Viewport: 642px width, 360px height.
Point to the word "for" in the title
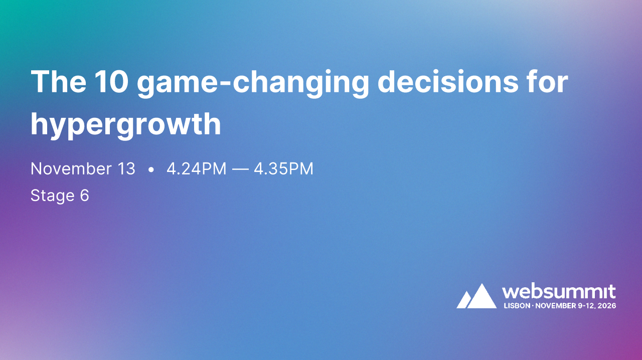click(547, 82)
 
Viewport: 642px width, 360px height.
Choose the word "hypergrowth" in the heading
click(126, 125)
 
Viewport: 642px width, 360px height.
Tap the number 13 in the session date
click(126, 169)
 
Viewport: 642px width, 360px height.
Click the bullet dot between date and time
click(151, 170)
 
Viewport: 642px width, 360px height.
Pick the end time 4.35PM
click(283, 169)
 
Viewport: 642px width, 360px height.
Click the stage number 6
click(84, 196)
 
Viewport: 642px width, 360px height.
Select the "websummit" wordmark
click(559, 291)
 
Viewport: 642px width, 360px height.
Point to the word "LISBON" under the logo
click(516, 305)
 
